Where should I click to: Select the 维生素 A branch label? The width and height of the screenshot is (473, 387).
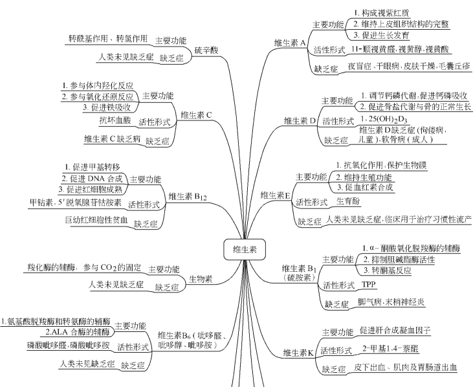(x=290, y=43)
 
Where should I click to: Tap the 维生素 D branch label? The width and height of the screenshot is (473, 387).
(x=299, y=120)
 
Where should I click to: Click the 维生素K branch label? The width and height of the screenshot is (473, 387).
(x=298, y=353)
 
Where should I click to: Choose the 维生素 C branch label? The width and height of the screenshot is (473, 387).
(x=196, y=115)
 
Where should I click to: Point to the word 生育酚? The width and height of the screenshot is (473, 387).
(x=348, y=201)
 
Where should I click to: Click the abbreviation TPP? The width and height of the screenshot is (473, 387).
(x=369, y=284)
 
